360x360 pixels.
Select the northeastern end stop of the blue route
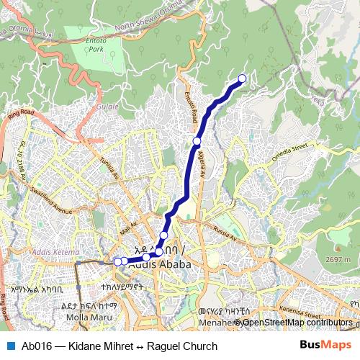pos(242,78)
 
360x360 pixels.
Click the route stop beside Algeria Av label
pos(197,141)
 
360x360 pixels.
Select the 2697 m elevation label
pos(337,259)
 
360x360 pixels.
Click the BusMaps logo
pos(325,346)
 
